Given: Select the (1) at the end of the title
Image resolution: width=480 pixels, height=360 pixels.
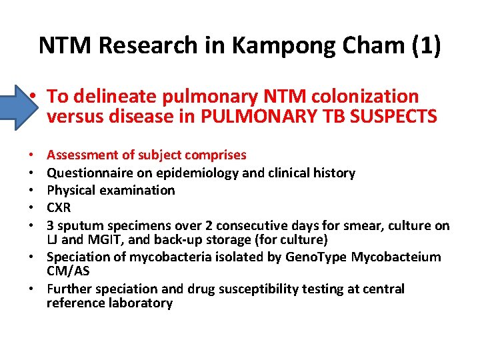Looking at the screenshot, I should point(425,45).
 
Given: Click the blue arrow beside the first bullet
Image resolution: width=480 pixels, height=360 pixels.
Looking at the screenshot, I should point(15,105).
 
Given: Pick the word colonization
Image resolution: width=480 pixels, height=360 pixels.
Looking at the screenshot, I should point(365,97).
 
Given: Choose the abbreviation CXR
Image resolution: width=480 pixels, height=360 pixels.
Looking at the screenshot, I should point(59,207).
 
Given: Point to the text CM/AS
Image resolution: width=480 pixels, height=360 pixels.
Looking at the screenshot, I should point(69,271).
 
